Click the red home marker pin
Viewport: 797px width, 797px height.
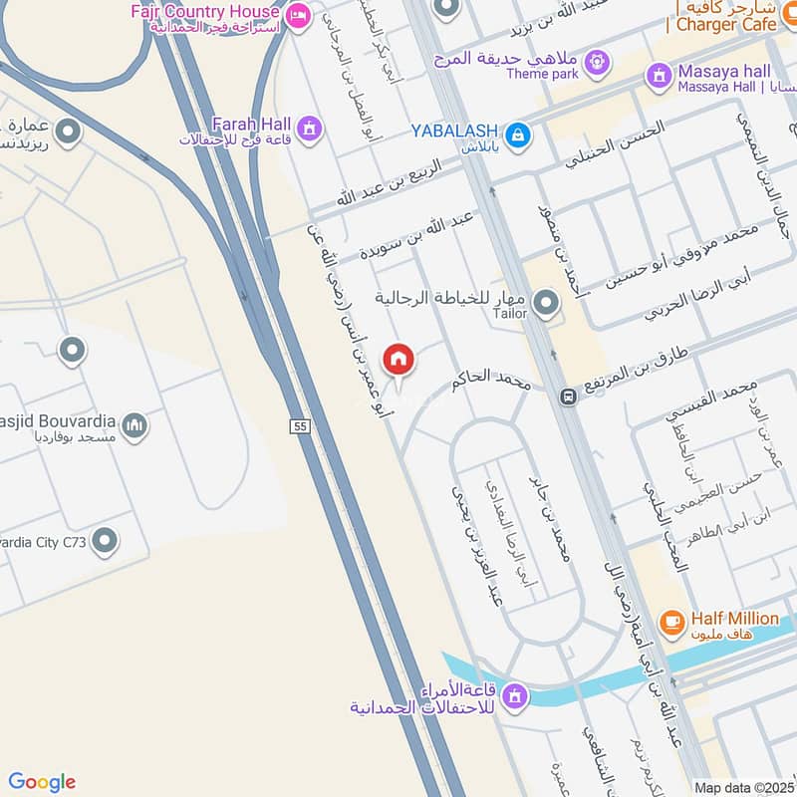pos(398,359)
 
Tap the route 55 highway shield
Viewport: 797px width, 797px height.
pos(300,426)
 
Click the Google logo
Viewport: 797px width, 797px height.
pos(41,782)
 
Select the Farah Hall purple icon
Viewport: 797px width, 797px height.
pos(309,129)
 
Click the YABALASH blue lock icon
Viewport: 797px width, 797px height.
pos(517,133)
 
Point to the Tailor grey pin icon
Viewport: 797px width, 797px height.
pos(545,302)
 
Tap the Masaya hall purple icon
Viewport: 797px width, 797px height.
pos(659,74)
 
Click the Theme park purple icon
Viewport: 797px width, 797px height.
pos(596,61)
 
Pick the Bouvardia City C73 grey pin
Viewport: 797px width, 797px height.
pos(104,542)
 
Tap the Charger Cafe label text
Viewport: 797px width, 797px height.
pos(726,24)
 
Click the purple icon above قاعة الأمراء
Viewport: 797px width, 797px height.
pos(515,693)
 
